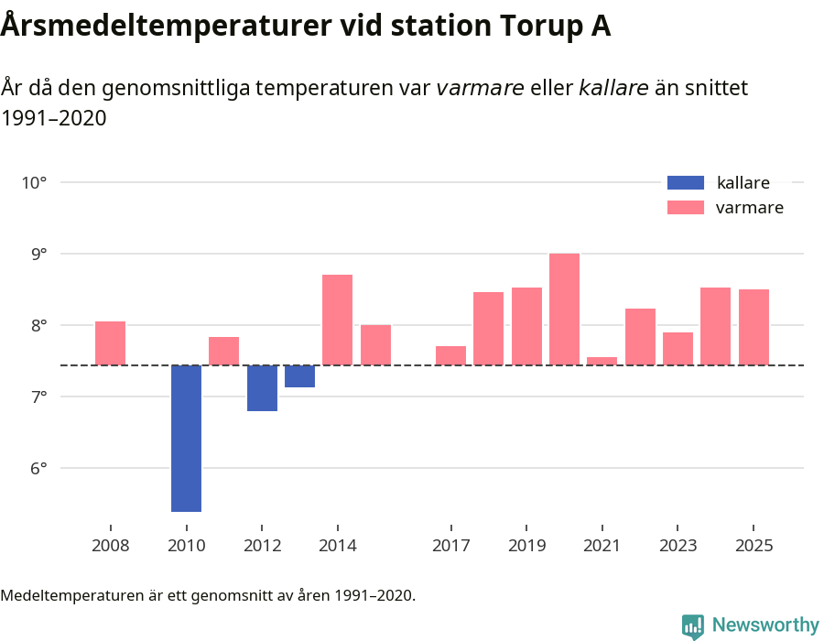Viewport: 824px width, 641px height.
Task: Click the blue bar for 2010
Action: pos(186,438)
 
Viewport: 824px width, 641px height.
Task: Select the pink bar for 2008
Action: pos(110,343)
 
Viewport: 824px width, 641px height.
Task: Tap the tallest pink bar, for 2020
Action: pos(564,310)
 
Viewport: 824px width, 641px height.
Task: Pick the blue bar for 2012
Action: pos(262,388)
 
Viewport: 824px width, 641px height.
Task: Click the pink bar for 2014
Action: pos(337,320)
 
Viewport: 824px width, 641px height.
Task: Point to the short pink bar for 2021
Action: pos(602,361)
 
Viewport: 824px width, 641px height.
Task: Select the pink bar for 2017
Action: pos(450,355)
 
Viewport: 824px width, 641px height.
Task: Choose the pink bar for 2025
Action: pos(754,327)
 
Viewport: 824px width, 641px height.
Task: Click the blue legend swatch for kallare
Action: pos(686,182)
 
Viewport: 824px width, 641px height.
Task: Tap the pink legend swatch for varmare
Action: pos(686,208)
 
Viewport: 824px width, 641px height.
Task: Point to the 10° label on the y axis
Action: pos(34,182)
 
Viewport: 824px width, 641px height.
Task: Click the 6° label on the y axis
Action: pos(34,469)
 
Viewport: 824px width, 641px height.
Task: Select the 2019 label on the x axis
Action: pos(526,546)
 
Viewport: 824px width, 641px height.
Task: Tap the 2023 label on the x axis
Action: pos(678,546)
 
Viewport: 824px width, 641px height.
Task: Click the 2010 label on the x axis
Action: pos(187,546)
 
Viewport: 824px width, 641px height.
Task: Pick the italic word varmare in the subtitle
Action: pos(480,89)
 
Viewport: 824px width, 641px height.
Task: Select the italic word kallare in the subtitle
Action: pos(613,89)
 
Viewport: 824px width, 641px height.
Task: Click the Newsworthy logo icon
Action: pos(693,625)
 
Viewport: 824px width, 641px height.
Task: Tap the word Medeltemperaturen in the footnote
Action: pos(73,596)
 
